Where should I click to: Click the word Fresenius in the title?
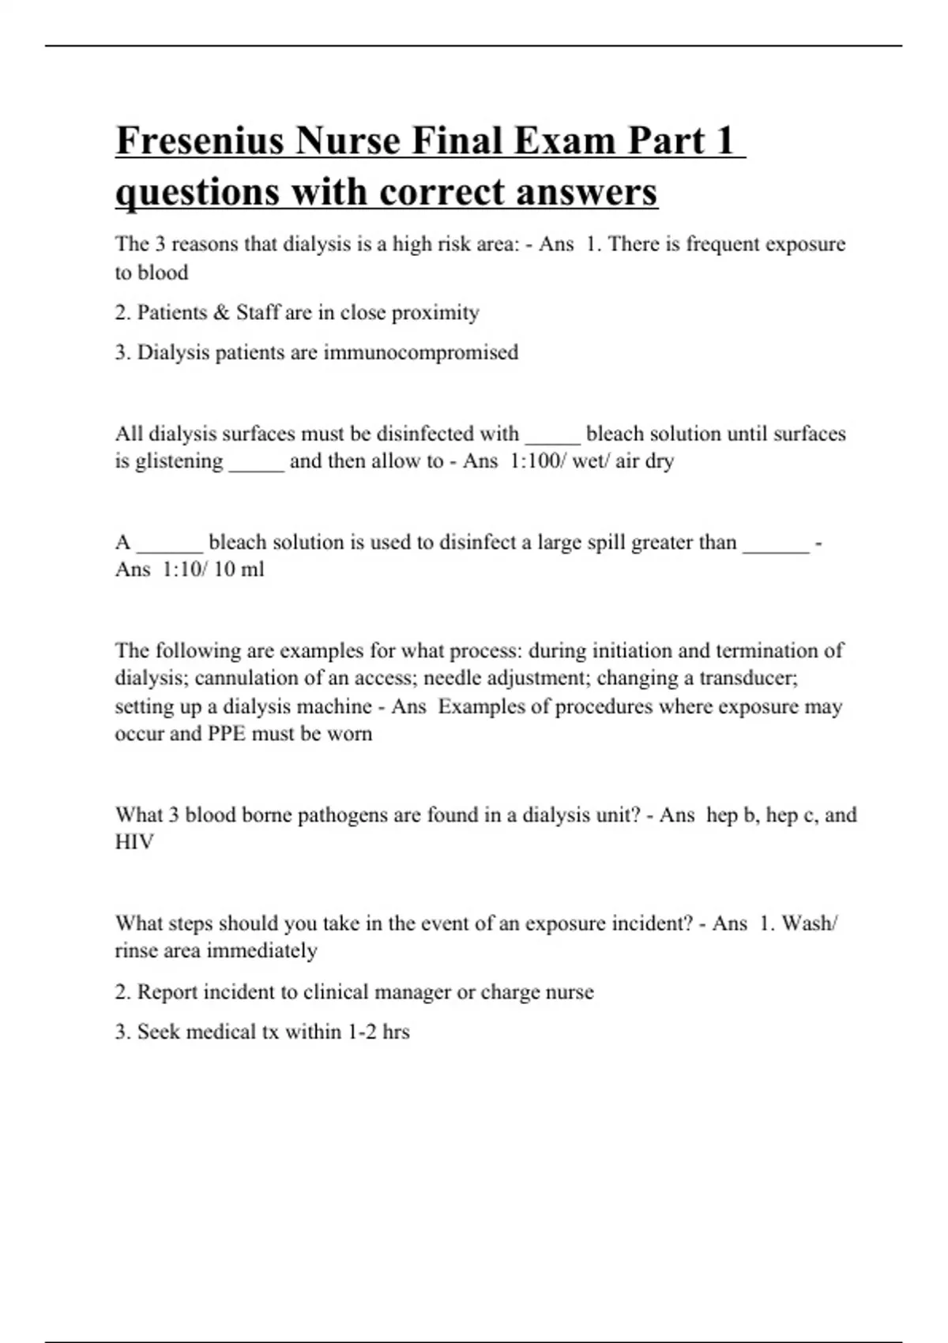click(201, 141)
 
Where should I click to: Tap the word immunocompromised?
click(421, 352)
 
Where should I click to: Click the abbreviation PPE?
click(227, 733)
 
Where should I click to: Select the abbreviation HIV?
click(134, 842)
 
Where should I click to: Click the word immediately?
click(261, 950)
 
